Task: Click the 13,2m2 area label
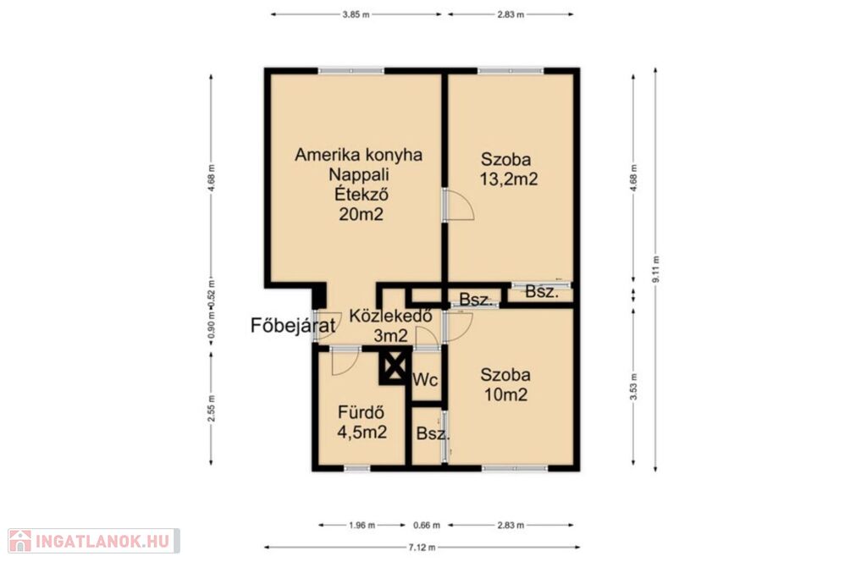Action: coord(509,179)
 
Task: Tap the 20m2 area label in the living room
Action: coord(361,214)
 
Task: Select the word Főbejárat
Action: coord(293,326)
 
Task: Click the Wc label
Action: coord(425,380)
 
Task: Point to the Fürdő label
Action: coord(361,412)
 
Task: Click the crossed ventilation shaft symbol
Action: coord(395,366)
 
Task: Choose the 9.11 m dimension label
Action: coord(656,269)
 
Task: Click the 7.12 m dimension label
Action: coord(422,547)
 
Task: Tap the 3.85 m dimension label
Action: coord(356,14)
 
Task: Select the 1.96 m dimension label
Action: coord(362,525)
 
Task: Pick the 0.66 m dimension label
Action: coord(427,525)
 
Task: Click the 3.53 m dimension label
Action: coord(633,386)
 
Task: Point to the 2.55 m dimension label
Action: coord(211,408)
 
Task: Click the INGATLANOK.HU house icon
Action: coord(20,541)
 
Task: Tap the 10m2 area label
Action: coord(505,394)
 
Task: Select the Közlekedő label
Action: coord(390,316)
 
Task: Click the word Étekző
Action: coord(361,194)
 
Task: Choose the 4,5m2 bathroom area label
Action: coord(362,433)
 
